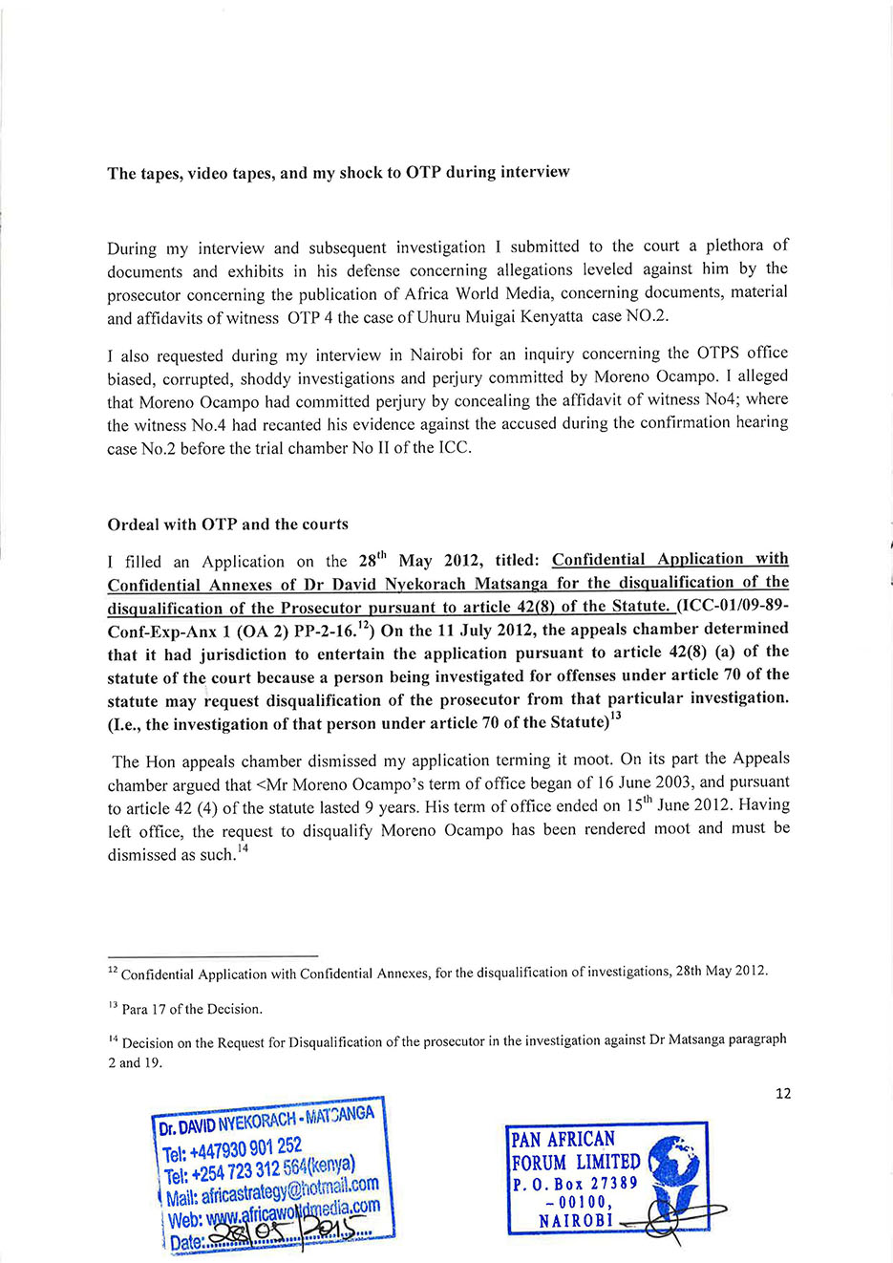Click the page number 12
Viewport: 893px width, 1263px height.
(783, 1093)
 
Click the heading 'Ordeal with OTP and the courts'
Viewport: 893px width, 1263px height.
(227, 524)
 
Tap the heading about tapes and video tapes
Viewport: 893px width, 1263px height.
(338, 173)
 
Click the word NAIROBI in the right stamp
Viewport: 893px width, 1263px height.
(575, 1221)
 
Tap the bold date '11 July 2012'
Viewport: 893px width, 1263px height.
(472, 630)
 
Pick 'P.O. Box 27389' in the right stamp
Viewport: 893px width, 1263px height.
(575, 1183)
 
